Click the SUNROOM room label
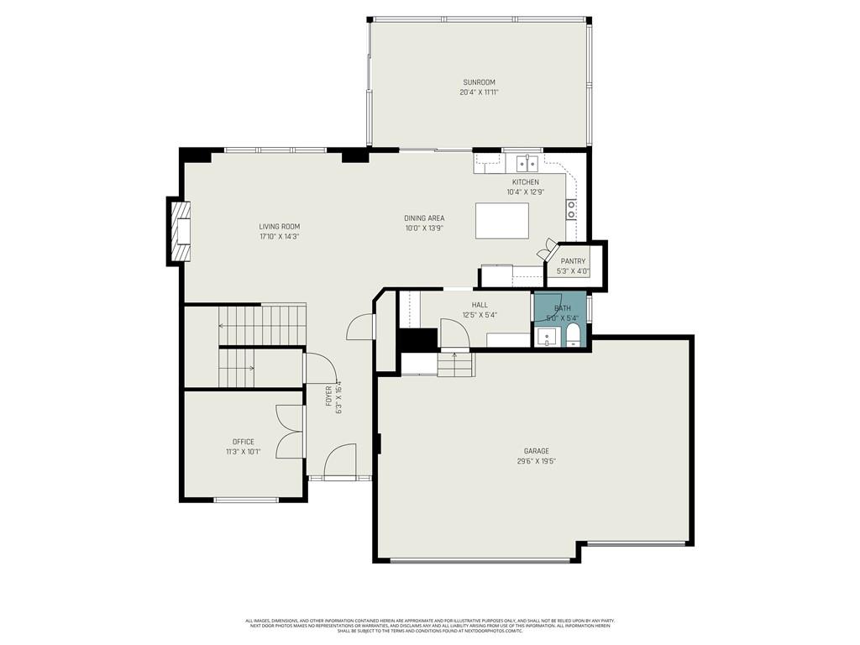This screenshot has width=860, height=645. coord(479,82)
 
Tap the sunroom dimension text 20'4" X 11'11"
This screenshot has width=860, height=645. coord(479,92)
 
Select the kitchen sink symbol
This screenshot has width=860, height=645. coord(527,162)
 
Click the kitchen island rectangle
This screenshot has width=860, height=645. coord(502,221)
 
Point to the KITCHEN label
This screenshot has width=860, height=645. coord(526,182)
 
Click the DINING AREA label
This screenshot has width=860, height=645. coord(424,218)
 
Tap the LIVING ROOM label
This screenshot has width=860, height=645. coord(279,227)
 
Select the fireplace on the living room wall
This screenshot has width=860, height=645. coord(180,231)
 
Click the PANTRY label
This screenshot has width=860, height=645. coord(573,261)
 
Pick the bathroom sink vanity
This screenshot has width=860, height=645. coord(546,338)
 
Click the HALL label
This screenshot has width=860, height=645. coord(480,305)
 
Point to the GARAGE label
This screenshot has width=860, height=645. coord(537,451)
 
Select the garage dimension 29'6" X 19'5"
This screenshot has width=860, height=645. coord(537,461)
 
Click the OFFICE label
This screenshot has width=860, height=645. coord(244,442)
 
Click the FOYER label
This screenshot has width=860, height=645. coord(329,396)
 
